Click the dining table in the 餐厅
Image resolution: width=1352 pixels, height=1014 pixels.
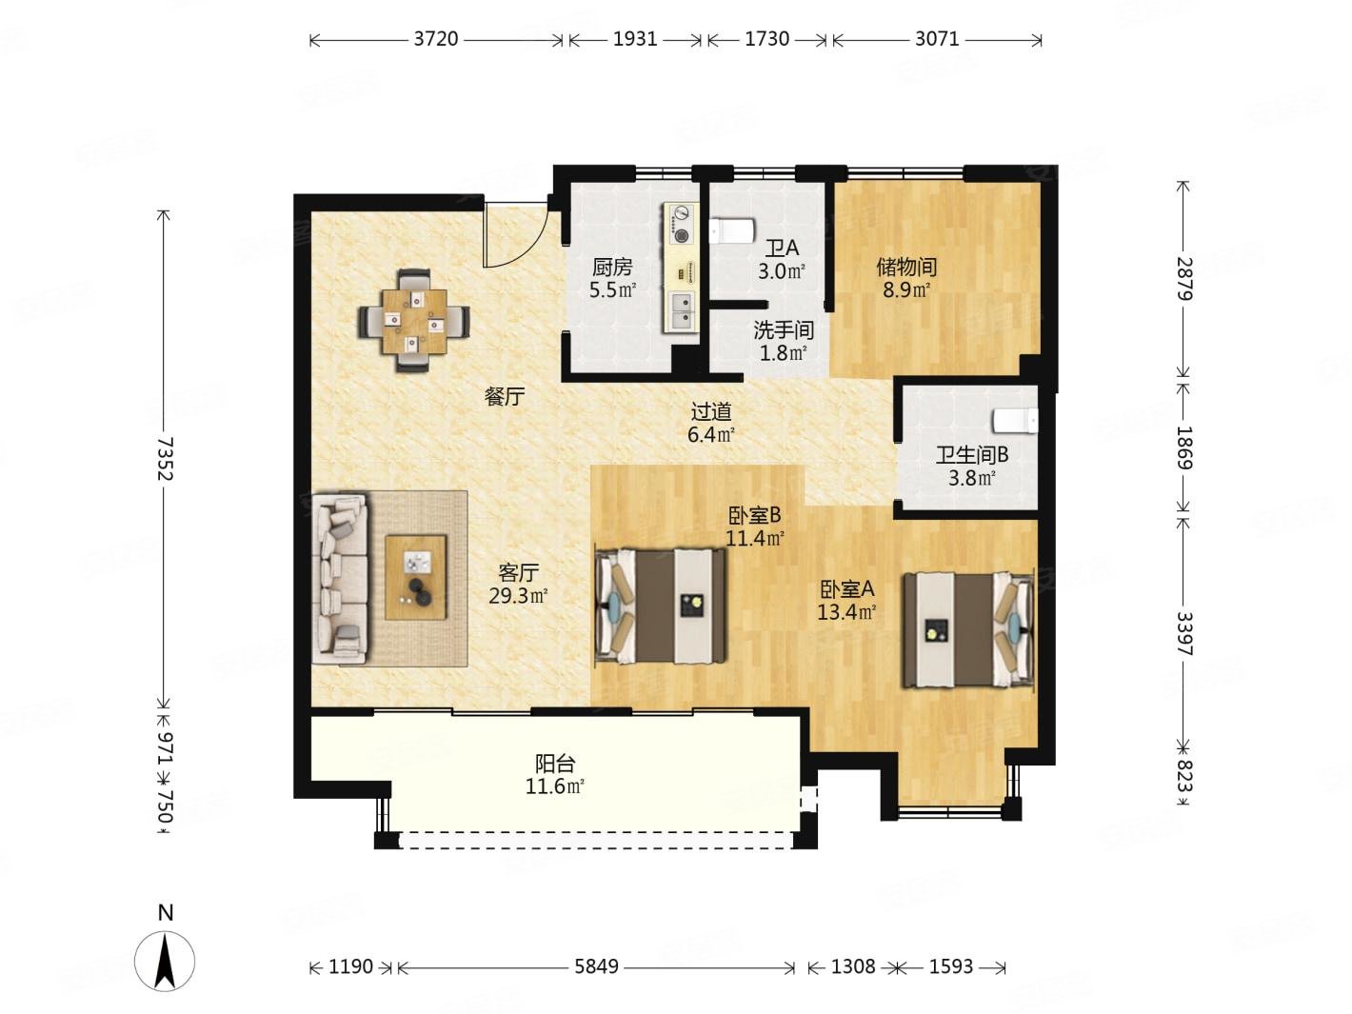414,321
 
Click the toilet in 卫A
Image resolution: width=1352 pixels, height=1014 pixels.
730,230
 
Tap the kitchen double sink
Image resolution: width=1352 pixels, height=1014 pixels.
681,312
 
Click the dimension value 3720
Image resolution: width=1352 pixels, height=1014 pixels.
435,39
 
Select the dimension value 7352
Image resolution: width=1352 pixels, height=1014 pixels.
165,459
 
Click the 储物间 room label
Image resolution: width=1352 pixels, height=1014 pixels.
906,267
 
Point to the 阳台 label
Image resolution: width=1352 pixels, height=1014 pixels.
554,764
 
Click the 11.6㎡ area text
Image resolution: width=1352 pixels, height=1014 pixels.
554,786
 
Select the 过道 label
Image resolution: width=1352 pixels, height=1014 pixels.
711,411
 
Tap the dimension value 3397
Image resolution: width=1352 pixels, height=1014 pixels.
1183,633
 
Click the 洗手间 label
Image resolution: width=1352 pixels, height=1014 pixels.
783,330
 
